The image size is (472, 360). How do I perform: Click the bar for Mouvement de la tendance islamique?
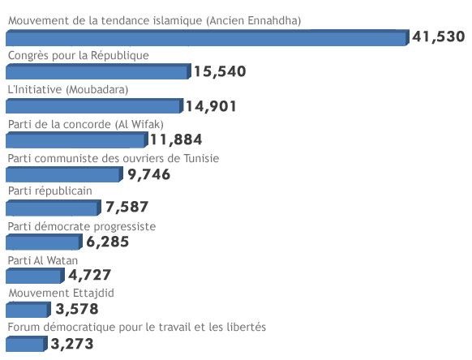[207, 38]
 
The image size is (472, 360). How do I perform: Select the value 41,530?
[439, 36]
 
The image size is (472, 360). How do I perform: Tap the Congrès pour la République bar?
[97, 72]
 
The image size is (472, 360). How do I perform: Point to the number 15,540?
[220, 71]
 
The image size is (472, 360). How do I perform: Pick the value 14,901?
[211, 105]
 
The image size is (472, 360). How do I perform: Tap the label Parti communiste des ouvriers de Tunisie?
[113, 158]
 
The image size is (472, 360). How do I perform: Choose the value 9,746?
[149, 174]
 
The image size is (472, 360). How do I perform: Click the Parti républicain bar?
[52, 208]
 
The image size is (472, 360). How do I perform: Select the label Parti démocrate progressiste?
[81, 226]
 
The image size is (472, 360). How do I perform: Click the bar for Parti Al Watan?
[34, 276]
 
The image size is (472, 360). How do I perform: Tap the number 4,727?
[90, 275]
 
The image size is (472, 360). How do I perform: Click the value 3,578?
[77, 309]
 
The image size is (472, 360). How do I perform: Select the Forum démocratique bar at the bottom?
[24, 345]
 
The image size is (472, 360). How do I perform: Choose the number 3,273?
[72, 344]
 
